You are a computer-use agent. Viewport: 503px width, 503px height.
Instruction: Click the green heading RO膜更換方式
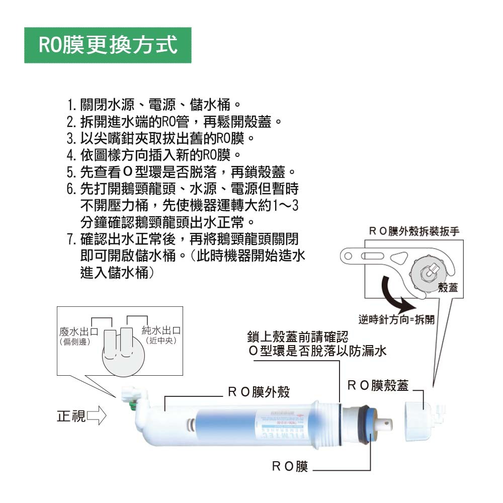point(108,45)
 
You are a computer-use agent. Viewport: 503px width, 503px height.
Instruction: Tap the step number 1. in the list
point(71,106)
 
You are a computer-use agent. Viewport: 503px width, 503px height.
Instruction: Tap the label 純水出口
point(161,331)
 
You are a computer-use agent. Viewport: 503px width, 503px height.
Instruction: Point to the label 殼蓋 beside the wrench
point(448,287)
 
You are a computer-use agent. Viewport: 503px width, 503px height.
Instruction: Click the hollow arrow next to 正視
point(97,416)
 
